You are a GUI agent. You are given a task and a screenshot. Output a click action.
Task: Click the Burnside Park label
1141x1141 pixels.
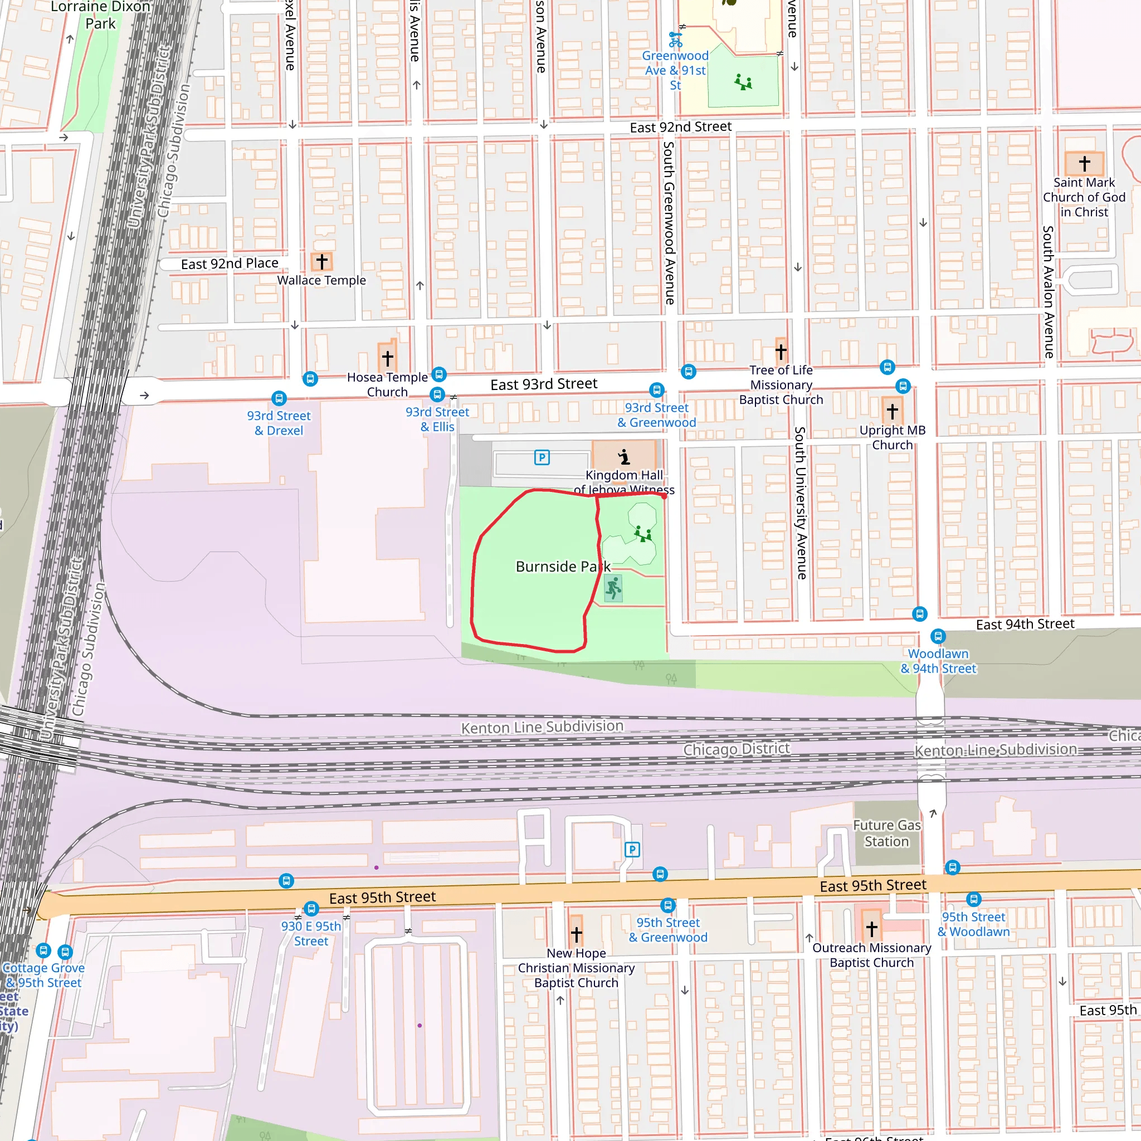(x=562, y=567)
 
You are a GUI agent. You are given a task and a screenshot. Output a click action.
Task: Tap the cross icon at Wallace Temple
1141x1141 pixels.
(x=322, y=261)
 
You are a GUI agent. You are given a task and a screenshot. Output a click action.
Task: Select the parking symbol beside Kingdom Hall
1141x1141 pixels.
(x=542, y=457)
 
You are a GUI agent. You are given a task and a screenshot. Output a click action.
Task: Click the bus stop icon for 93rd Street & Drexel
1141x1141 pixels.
(x=279, y=399)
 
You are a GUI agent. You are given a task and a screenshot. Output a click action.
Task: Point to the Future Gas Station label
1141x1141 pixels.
(x=886, y=833)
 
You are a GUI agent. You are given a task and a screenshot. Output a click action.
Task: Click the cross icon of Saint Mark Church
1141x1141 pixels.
(x=1084, y=163)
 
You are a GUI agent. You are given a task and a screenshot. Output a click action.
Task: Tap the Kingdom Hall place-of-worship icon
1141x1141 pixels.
(x=623, y=456)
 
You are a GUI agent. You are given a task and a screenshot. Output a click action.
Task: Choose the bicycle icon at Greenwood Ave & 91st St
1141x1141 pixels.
(x=675, y=40)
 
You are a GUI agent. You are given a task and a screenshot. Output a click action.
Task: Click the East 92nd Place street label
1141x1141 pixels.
(x=229, y=264)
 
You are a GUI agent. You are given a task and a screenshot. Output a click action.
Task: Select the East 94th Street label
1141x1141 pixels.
(x=1025, y=624)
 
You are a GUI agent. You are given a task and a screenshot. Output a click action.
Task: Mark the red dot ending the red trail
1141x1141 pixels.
(x=665, y=496)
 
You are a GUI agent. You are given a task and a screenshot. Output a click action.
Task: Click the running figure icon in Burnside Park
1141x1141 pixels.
(x=613, y=588)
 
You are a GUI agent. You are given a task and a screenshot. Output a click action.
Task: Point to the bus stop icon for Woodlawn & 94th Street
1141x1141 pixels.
(x=938, y=637)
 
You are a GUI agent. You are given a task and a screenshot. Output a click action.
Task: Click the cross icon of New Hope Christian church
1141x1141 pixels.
(x=577, y=934)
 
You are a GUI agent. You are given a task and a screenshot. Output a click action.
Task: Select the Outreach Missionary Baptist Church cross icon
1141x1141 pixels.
(x=872, y=929)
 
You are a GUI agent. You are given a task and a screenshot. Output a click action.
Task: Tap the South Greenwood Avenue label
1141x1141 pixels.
(x=669, y=223)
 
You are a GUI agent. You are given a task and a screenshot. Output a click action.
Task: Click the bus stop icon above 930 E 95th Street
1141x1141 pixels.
(x=311, y=909)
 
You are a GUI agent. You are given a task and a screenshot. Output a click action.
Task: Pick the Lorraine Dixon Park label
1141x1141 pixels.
(x=100, y=16)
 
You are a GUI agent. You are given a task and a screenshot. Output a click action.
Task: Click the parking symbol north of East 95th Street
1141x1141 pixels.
(x=632, y=850)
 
